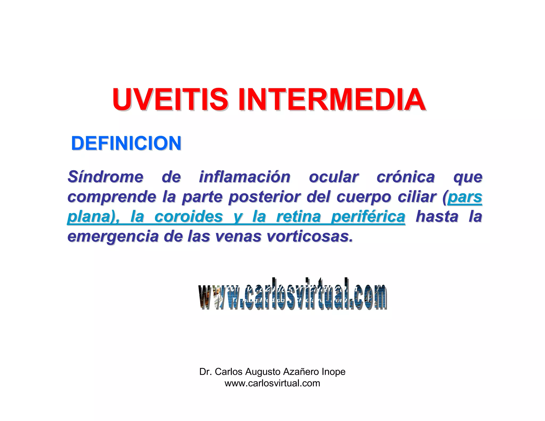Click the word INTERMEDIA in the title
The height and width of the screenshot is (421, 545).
click(332, 100)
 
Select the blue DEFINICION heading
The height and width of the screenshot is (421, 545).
click(126, 143)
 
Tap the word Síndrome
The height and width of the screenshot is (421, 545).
click(105, 177)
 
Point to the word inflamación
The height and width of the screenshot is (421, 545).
click(245, 177)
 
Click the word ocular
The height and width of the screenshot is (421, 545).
click(334, 177)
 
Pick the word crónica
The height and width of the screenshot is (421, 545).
click(406, 177)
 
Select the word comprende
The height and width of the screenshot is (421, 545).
click(112, 197)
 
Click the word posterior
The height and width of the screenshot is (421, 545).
click(265, 197)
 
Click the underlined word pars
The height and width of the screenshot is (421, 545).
click(465, 197)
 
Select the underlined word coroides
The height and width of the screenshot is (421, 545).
click(188, 216)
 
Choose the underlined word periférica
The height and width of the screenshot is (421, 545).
click(368, 216)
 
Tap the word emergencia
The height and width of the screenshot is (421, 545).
click(113, 236)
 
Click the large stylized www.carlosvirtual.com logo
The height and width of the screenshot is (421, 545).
click(292, 294)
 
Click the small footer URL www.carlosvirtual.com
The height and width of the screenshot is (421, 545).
click(272, 383)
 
